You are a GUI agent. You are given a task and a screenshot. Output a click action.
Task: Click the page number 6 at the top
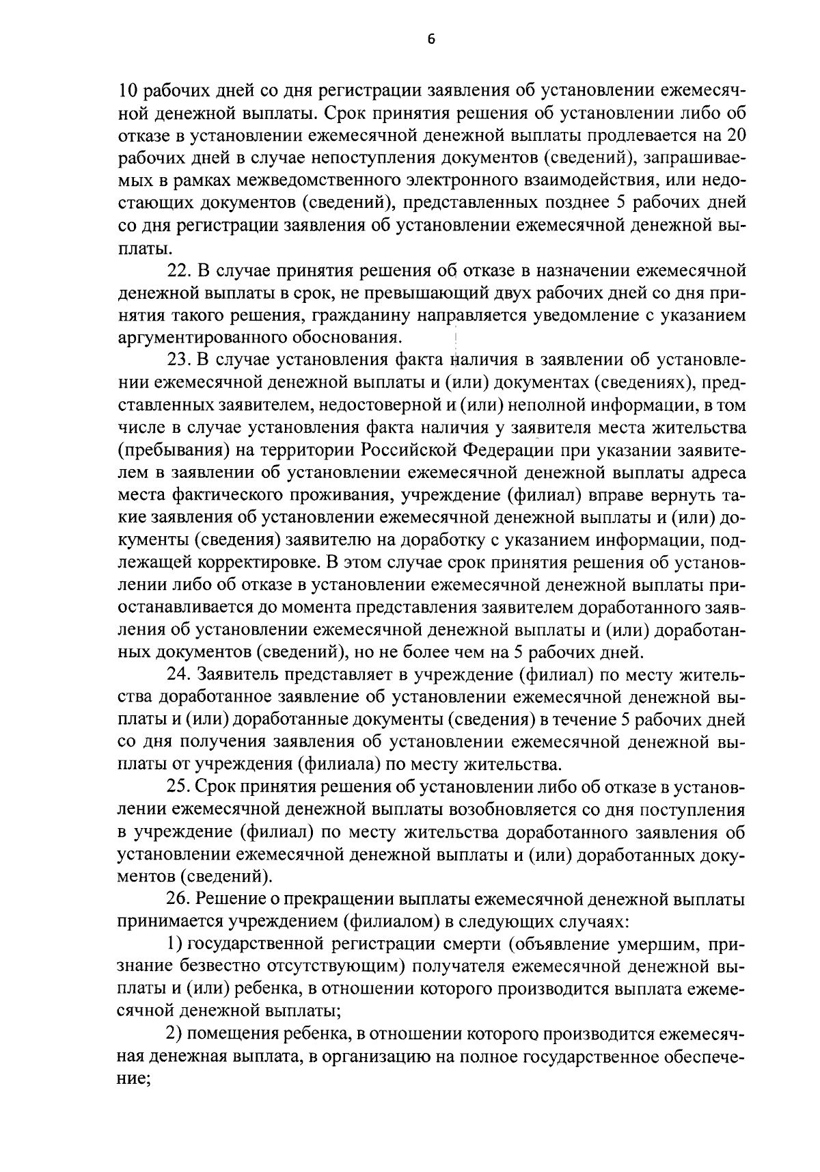click(x=430, y=39)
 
